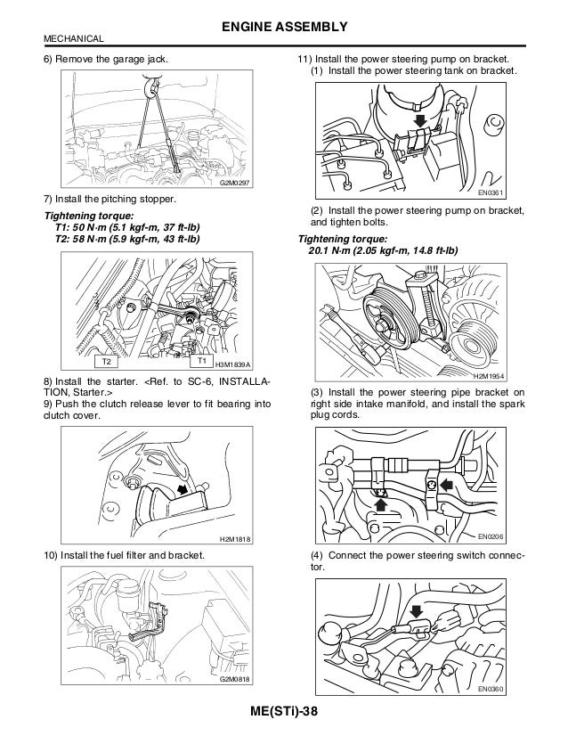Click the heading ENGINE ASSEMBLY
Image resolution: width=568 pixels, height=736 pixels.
coord(283,27)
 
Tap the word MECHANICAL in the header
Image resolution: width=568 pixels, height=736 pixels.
coord(74,39)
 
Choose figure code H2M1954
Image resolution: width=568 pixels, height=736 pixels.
coord(505,376)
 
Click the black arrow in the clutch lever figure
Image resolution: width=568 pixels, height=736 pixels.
coord(183,489)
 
